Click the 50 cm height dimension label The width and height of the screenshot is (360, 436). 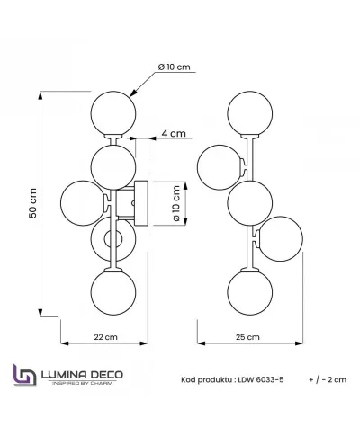pyautogui.click(x=32, y=203)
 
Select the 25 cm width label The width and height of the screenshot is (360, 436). pyautogui.click(x=247, y=337)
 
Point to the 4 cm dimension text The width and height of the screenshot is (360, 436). pyautogui.click(x=174, y=133)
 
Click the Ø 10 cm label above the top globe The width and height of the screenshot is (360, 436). pyautogui.click(x=175, y=67)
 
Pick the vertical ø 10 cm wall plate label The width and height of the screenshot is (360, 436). pyautogui.click(x=176, y=203)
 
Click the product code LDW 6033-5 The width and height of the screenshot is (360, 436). pyautogui.click(x=261, y=380)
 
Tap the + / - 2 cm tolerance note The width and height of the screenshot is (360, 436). pyautogui.click(x=328, y=380)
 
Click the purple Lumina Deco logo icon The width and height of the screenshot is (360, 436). pyautogui.click(x=25, y=375)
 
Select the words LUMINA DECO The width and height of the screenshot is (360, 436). pyautogui.click(x=82, y=375)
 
